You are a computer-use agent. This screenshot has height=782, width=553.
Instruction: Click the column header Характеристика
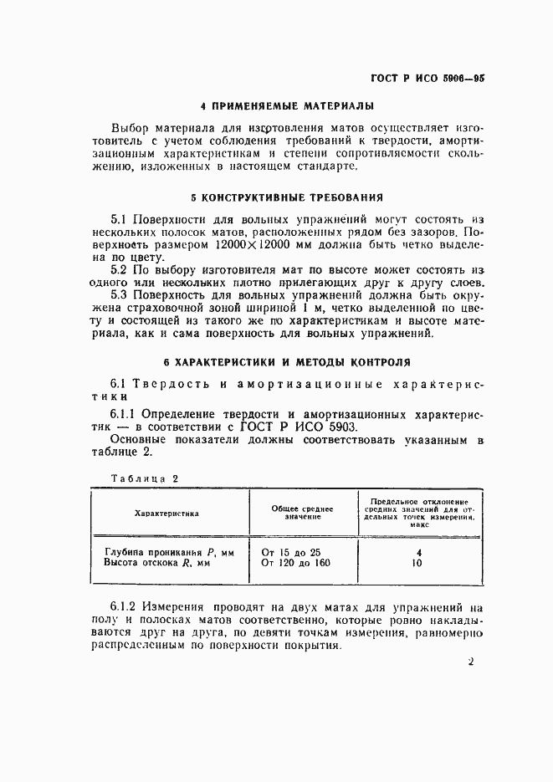pos(167,513)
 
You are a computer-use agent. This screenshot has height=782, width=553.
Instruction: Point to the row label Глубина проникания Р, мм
pos(169,552)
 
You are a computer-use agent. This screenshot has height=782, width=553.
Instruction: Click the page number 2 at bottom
pos(471,662)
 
